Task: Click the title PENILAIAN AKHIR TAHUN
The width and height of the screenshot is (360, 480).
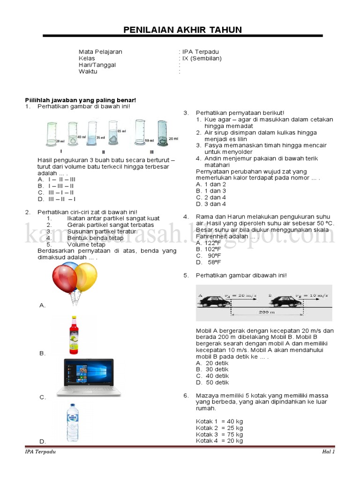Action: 182,30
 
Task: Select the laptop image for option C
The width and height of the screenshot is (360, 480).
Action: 89,378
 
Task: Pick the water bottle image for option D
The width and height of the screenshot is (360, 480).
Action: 72,422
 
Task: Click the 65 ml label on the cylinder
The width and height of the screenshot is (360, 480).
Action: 121,131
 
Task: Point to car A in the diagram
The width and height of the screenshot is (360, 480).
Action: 214,300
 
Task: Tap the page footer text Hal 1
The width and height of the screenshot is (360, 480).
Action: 328,452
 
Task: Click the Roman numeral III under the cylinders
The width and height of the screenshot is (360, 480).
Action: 151,152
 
